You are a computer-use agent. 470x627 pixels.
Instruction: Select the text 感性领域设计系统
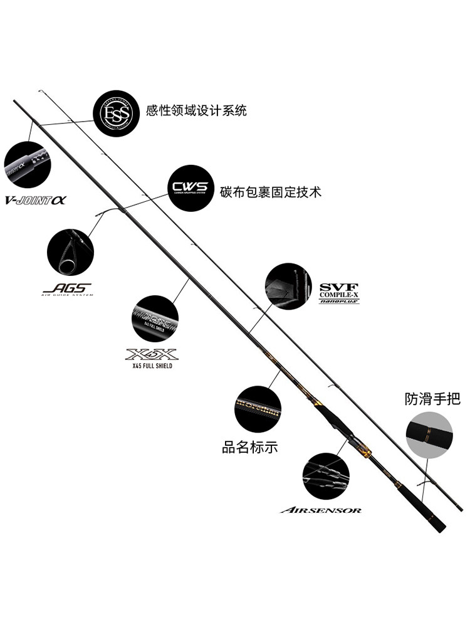coord(196,111)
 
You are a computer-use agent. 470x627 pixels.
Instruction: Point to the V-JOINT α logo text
coord(36,201)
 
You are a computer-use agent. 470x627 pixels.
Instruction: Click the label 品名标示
coord(249,448)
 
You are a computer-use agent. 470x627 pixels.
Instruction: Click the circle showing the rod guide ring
coord(70,251)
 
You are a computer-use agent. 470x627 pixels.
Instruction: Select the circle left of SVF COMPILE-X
coord(288,286)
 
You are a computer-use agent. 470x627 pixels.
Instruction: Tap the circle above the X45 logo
coord(155,319)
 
